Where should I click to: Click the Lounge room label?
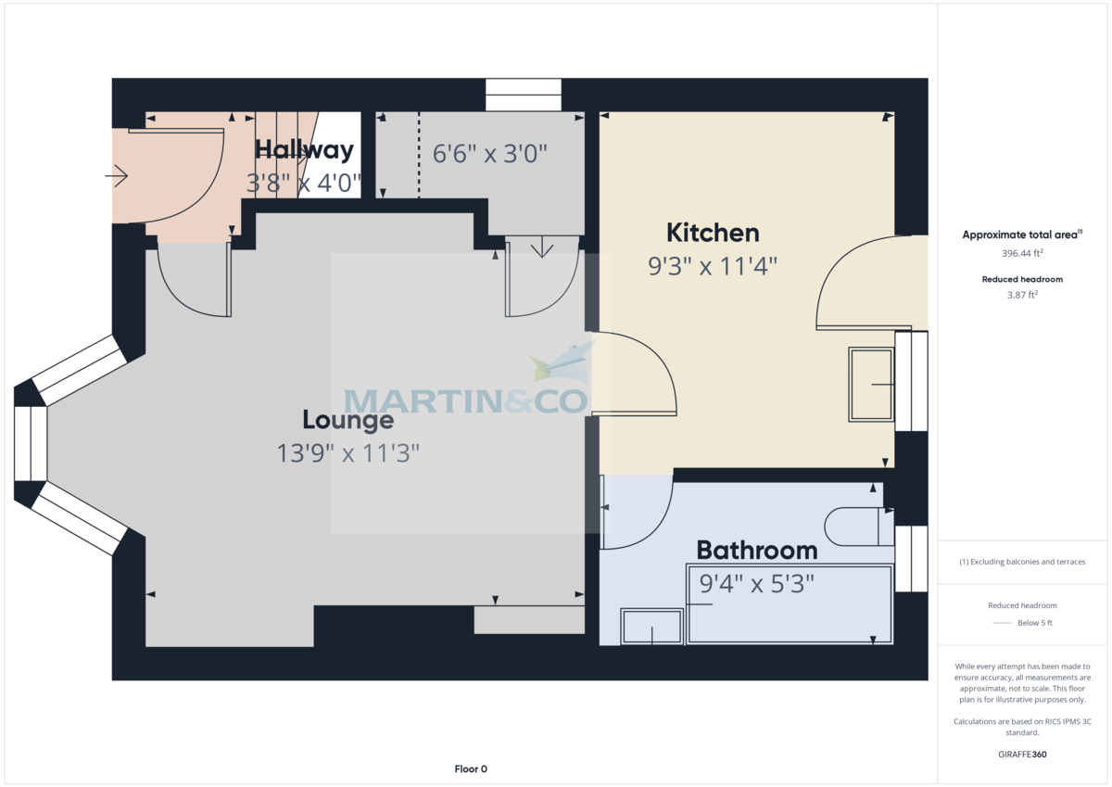click(347, 420)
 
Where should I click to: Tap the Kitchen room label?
click(713, 233)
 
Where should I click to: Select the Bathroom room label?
click(756, 551)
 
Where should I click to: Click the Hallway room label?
click(304, 150)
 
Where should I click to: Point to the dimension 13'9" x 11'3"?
click(347, 453)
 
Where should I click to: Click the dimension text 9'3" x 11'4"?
click(712, 266)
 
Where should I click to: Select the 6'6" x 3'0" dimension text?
click(490, 154)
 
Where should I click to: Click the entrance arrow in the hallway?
click(117, 174)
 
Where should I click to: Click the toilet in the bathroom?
click(858, 526)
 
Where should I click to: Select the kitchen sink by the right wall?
click(871, 385)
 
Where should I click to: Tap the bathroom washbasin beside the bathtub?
click(651, 628)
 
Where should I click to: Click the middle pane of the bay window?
click(31, 443)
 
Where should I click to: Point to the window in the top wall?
click(524, 95)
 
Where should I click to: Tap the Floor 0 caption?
click(470, 768)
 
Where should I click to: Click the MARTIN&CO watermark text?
click(466, 400)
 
